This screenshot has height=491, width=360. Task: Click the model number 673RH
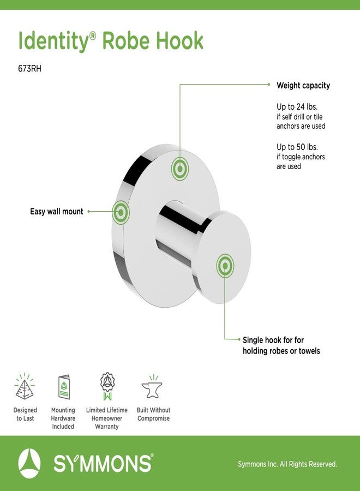pyautogui.click(x=30, y=69)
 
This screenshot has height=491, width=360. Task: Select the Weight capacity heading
pyautogui.click(x=303, y=86)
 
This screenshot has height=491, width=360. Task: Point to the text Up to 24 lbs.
pyautogui.click(x=297, y=107)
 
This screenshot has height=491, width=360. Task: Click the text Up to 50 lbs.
pyautogui.click(x=297, y=147)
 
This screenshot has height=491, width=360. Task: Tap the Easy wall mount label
pyautogui.click(x=57, y=212)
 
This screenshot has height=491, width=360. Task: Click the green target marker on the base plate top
pyautogui.click(x=179, y=169)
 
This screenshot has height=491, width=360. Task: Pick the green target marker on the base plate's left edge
pyautogui.click(x=121, y=213)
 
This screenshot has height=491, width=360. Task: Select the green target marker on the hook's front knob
pyautogui.click(x=225, y=266)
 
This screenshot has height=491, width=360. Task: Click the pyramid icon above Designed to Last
pyautogui.click(x=25, y=386)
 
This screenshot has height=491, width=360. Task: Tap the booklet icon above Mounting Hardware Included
pyautogui.click(x=64, y=387)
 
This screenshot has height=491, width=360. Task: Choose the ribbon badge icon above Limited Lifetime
pyautogui.click(x=107, y=386)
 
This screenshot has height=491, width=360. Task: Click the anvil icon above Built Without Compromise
pyautogui.click(x=152, y=387)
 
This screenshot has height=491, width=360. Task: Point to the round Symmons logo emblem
pyautogui.click(x=29, y=463)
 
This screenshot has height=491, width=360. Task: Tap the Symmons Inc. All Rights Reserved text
pyautogui.click(x=287, y=464)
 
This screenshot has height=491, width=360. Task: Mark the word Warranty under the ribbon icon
pyautogui.click(x=107, y=427)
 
